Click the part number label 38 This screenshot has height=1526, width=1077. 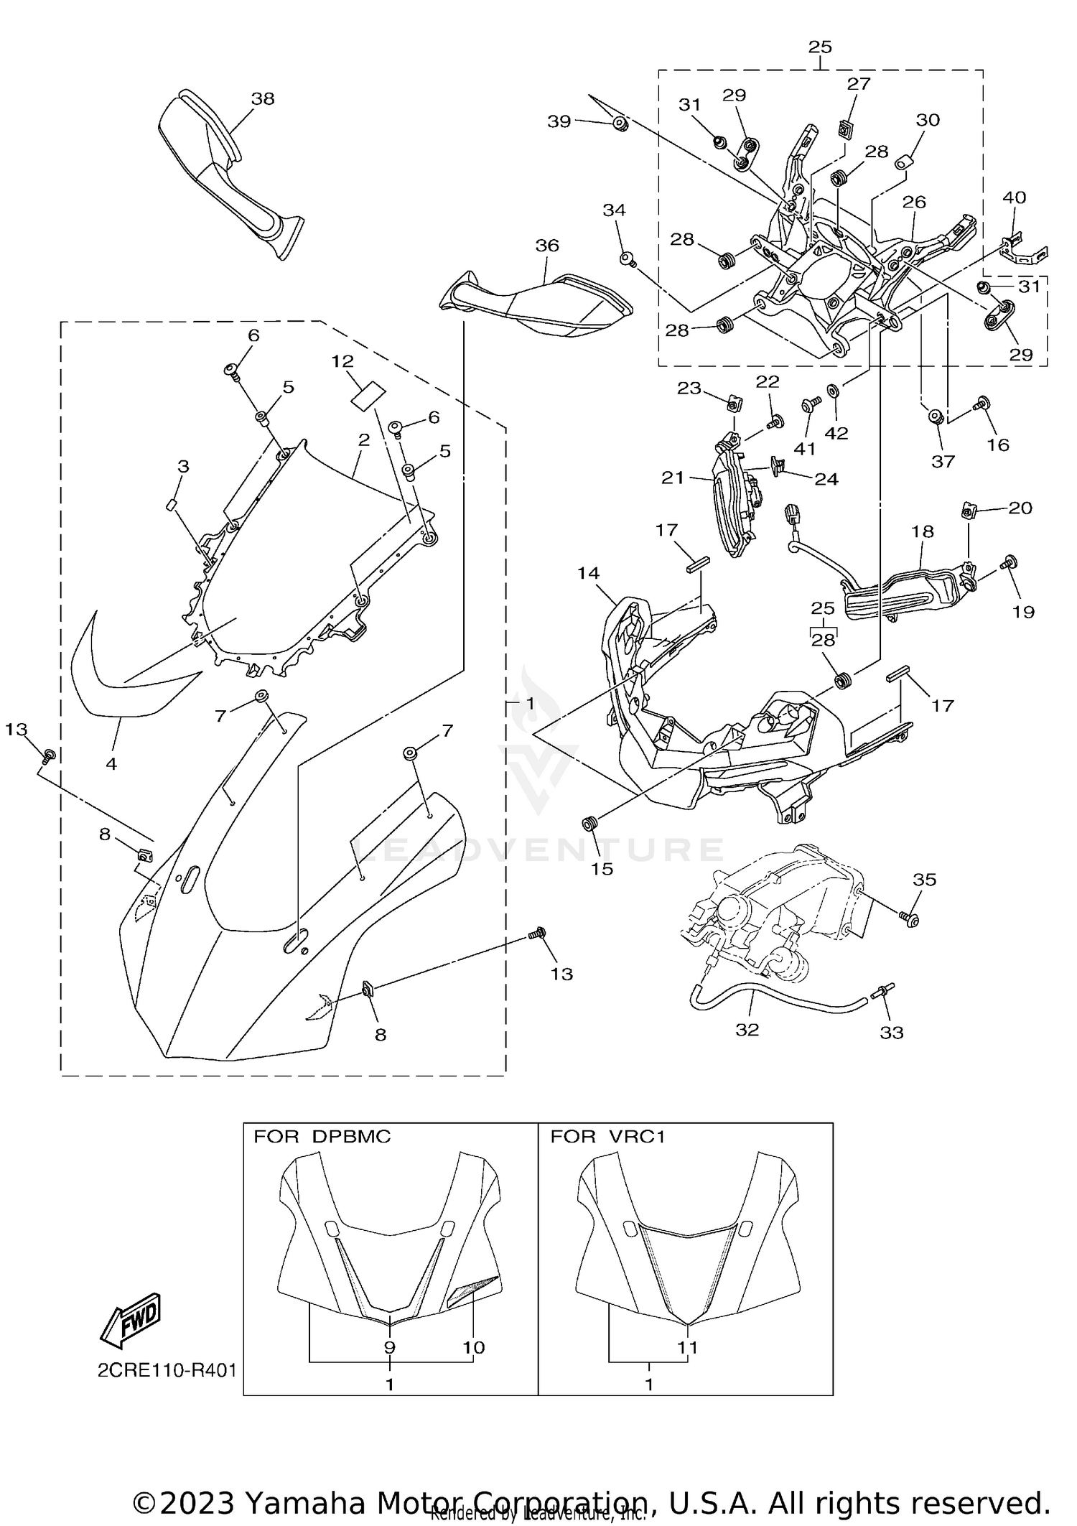point(263,99)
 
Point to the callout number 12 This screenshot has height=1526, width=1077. point(343,361)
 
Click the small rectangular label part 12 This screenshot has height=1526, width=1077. point(368,396)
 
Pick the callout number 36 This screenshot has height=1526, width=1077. point(547,246)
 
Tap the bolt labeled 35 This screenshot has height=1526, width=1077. point(908,918)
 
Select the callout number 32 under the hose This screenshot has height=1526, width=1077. point(747,1030)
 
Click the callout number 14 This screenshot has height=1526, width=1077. point(588,573)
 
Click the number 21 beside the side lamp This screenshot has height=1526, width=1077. point(673,478)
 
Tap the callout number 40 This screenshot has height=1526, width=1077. point(1014,197)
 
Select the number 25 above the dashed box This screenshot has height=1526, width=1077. point(820,47)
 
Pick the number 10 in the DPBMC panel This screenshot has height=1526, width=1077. point(474,1348)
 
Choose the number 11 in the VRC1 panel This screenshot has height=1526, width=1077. point(688,1348)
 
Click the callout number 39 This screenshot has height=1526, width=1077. point(559,121)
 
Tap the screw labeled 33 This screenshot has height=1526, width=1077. point(882,994)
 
